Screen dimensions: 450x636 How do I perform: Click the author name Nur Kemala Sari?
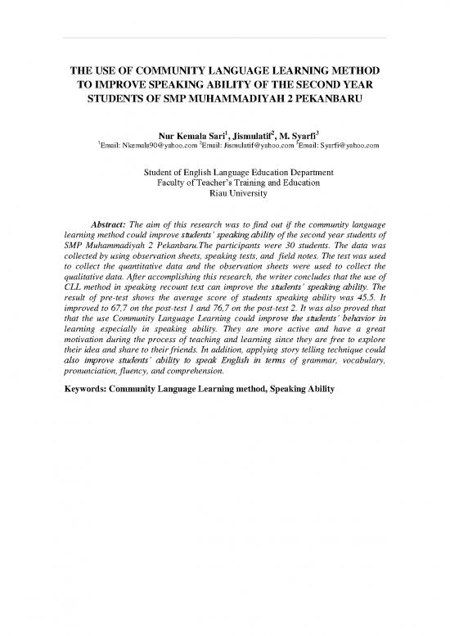(x=178, y=134)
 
